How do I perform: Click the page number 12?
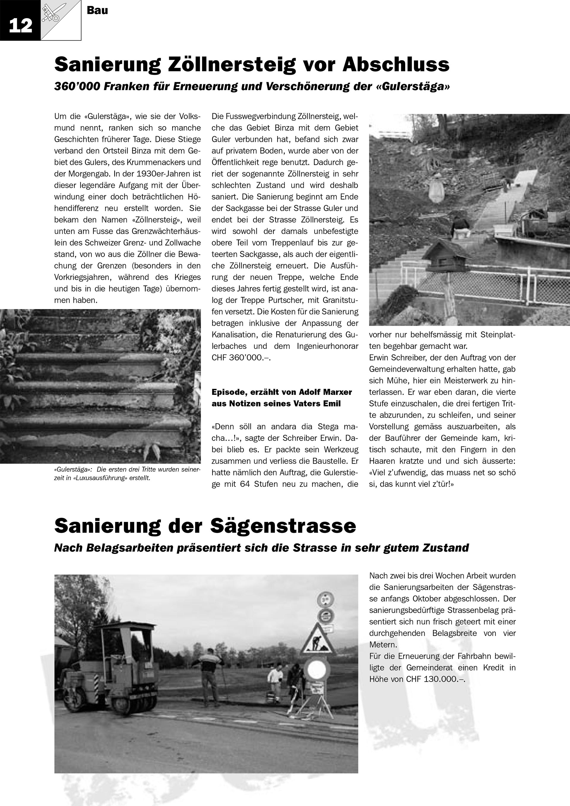[20, 26]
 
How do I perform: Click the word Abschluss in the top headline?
[395, 65]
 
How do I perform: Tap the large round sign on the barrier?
[317, 670]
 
